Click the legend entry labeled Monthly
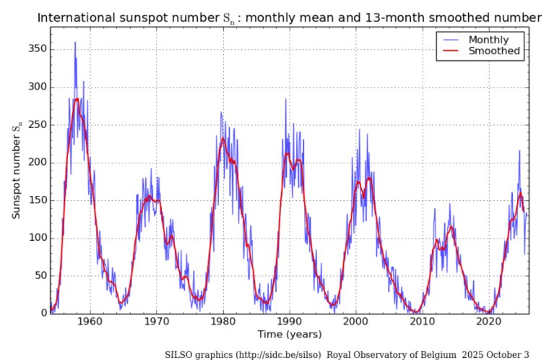click(x=488, y=40)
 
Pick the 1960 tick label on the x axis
click(x=90, y=322)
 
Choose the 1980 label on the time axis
click(x=222, y=322)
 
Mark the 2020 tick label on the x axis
click(x=489, y=322)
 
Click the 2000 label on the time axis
click(x=356, y=322)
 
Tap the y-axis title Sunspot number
click(x=16, y=171)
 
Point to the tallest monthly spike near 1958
click(x=75, y=43)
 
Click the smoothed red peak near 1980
click(x=223, y=139)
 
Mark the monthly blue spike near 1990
click(x=285, y=100)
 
